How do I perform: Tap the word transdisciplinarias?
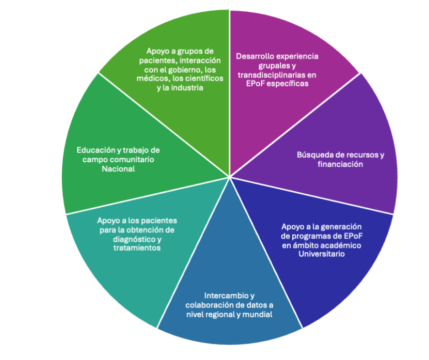270,75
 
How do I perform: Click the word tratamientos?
136,248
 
